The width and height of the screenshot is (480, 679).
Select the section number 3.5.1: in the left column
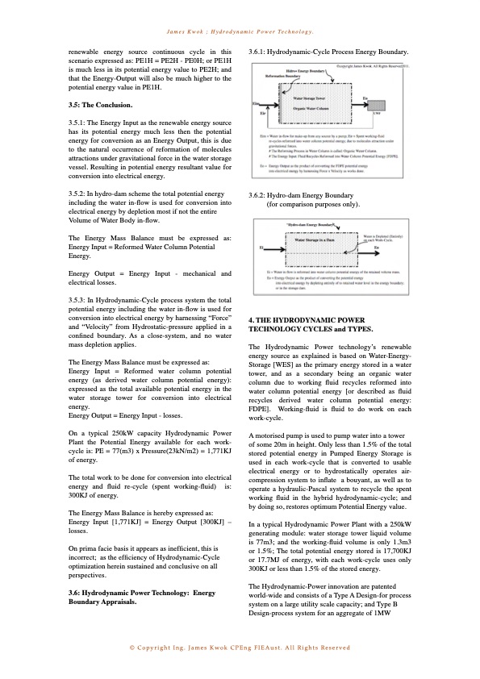point(81,122)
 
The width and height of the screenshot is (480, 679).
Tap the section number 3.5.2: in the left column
point(81,194)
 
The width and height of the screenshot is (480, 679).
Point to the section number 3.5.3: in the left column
point(81,299)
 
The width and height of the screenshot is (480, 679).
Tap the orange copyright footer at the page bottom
point(240,648)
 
